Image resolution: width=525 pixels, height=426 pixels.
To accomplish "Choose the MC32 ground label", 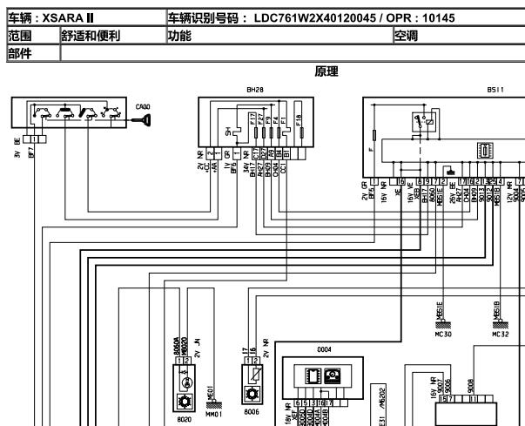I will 500,333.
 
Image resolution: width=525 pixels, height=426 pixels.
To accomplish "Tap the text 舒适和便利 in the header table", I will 91,36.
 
